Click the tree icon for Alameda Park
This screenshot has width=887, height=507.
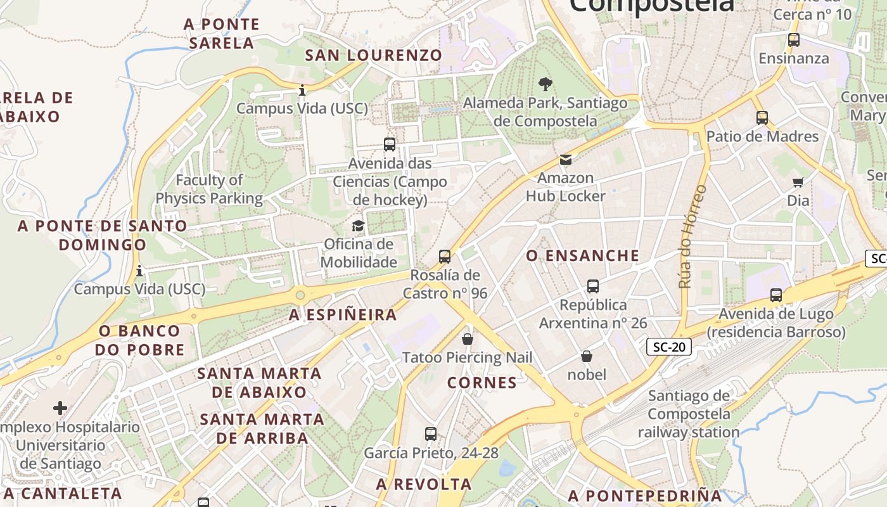pos(545,84)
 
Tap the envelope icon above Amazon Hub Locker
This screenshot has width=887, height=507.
pos(565,160)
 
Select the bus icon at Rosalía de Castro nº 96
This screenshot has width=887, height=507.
pos(445,257)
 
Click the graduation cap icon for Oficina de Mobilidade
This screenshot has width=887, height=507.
pos(359,226)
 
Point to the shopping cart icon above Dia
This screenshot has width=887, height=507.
pos(798,183)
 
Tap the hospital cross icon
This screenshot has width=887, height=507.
pos(60,408)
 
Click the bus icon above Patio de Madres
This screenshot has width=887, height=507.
pos(762,118)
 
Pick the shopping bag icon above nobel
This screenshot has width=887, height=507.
pos(587,357)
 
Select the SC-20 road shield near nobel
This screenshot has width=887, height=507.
pos(668,347)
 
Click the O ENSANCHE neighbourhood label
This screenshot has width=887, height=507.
pos(583,255)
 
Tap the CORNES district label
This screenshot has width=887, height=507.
pos(482,383)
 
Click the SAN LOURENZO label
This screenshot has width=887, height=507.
pos(374,55)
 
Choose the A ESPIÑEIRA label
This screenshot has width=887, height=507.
pos(343,314)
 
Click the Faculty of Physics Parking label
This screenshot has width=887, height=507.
pos(209,189)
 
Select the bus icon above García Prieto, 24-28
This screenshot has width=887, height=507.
pos(431,435)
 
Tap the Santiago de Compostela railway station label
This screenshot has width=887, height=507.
pos(689,414)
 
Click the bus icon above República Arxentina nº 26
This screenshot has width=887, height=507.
pos(593,286)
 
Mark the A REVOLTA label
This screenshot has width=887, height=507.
pos(424,484)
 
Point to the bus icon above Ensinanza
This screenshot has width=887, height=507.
pos(794,40)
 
